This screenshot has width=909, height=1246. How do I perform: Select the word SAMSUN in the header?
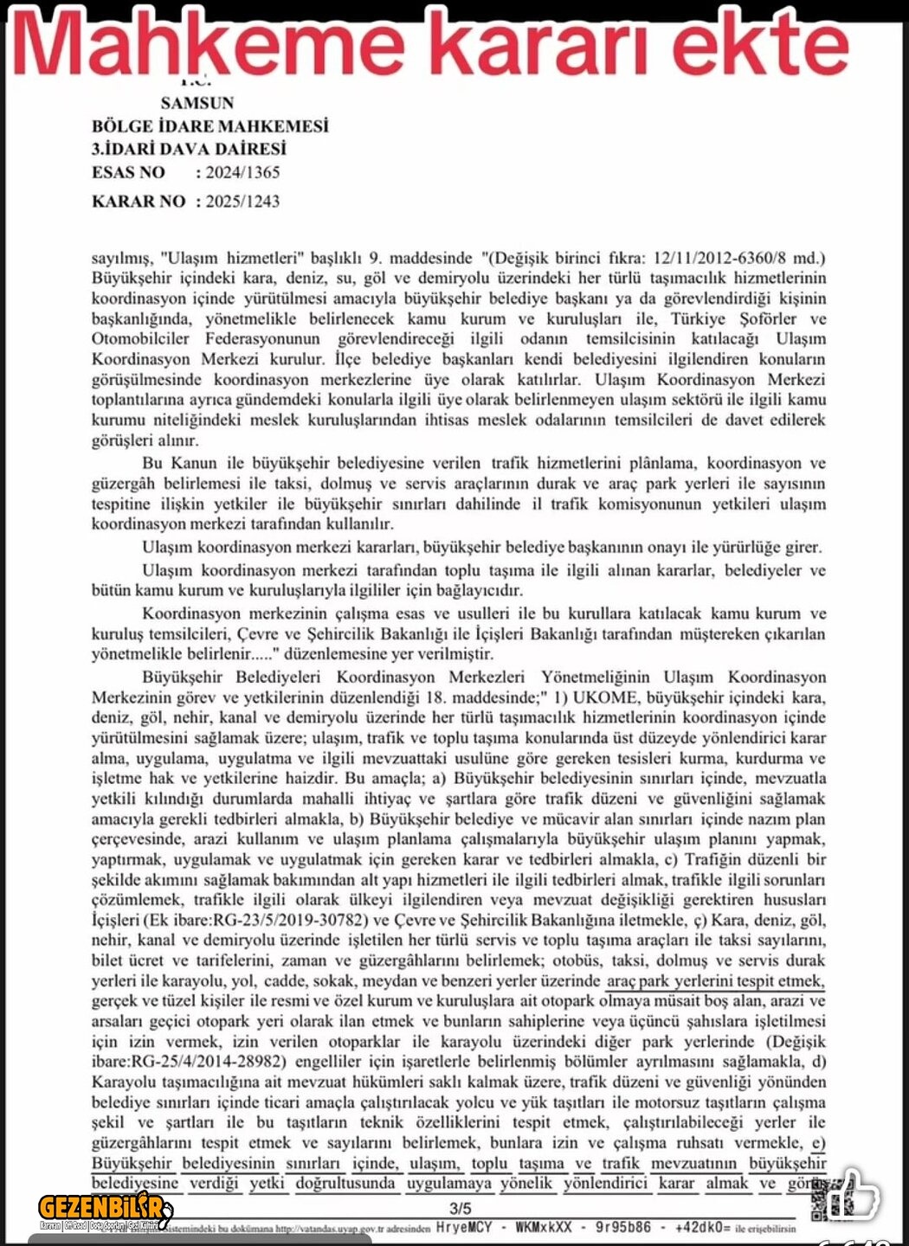pyautogui.click(x=197, y=103)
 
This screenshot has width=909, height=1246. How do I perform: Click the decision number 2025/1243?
pyautogui.click(x=242, y=202)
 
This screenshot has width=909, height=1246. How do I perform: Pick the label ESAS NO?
pyautogui.click(x=128, y=172)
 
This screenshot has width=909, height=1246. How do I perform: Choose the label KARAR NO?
pyautogui.click(x=139, y=202)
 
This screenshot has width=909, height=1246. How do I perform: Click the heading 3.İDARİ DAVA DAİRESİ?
pyautogui.click(x=189, y=149)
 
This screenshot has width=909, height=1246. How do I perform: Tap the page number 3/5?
pyautogui.click(x=460, y=1209)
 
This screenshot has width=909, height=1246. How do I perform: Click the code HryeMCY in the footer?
pyautogui.click(x=464, y=1228)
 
